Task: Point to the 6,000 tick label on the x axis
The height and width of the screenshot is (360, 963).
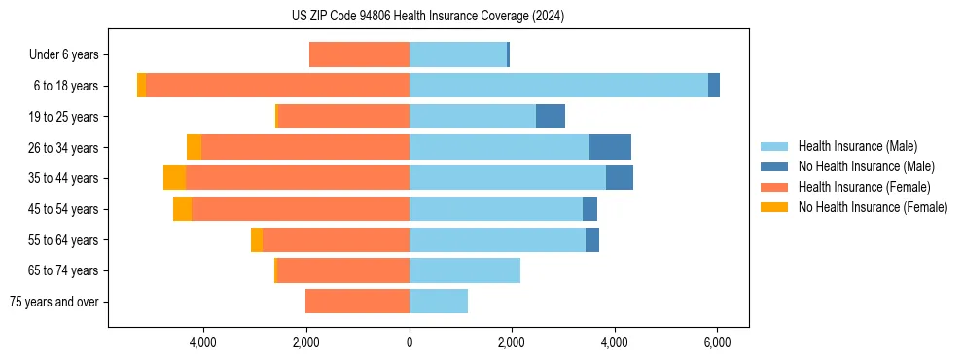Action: [x=717, y=342]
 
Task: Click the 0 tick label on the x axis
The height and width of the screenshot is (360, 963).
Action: [x=410, y=342]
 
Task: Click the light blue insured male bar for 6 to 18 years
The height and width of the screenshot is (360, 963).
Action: [x=558, y=86]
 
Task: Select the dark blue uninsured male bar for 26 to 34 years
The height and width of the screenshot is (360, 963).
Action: [x=610, y=147]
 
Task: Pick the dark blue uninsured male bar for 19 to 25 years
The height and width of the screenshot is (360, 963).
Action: [x=550, y=116]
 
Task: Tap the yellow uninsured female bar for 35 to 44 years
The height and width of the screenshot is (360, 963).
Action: [x=174, y=178]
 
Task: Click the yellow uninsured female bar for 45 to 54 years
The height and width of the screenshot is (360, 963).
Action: [x=182, y=208]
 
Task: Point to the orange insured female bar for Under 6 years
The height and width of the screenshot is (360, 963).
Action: [x=359, y=55]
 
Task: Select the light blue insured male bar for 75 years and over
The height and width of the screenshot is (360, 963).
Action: [x=439, y=302]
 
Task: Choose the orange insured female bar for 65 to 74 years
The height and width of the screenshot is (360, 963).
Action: [x=343, y=270]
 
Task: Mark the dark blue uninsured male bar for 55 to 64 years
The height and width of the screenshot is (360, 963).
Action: [x=592, y=239]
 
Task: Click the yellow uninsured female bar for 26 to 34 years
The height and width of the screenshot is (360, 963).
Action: [x=194, y=147]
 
